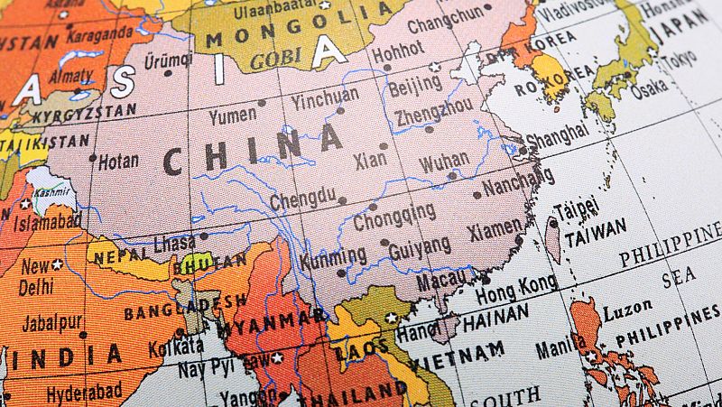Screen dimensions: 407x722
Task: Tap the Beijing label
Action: [x=415, y=88]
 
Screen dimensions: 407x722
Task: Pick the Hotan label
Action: [x=118, y=161]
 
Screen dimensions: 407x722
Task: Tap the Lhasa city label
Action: [x=174, y=244]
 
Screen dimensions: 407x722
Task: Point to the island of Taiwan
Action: [x=553, y=239]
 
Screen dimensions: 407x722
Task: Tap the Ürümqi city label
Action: [x=169, y=60]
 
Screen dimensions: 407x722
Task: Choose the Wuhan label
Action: [x=444, y=162]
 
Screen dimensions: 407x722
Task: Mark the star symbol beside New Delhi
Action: [x=58, y=264]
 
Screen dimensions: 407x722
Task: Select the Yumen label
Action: [x=232, y=116]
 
